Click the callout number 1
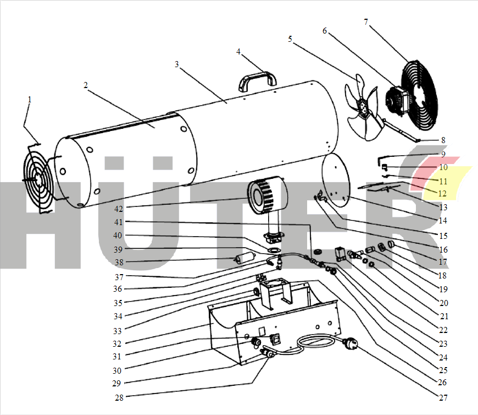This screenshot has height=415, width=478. click(30, 100)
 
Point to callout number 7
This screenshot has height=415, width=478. click(366, 21)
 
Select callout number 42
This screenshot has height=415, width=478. click(119, 209)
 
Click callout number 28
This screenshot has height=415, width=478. click(119, 397)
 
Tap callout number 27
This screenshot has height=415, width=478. click(443, 397)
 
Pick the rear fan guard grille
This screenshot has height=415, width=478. click(419, 95)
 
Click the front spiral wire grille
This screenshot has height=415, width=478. click(38, 179)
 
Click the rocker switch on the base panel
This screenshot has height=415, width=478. click(276, 338)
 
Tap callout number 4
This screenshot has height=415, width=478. click(238, 52)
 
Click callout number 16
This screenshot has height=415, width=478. click(443, 249)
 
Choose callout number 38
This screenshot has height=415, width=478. click(119, 262)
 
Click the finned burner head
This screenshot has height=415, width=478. click(267, 195)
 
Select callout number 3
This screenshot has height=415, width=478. click(176, 64)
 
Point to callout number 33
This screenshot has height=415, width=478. click(118, 331)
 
